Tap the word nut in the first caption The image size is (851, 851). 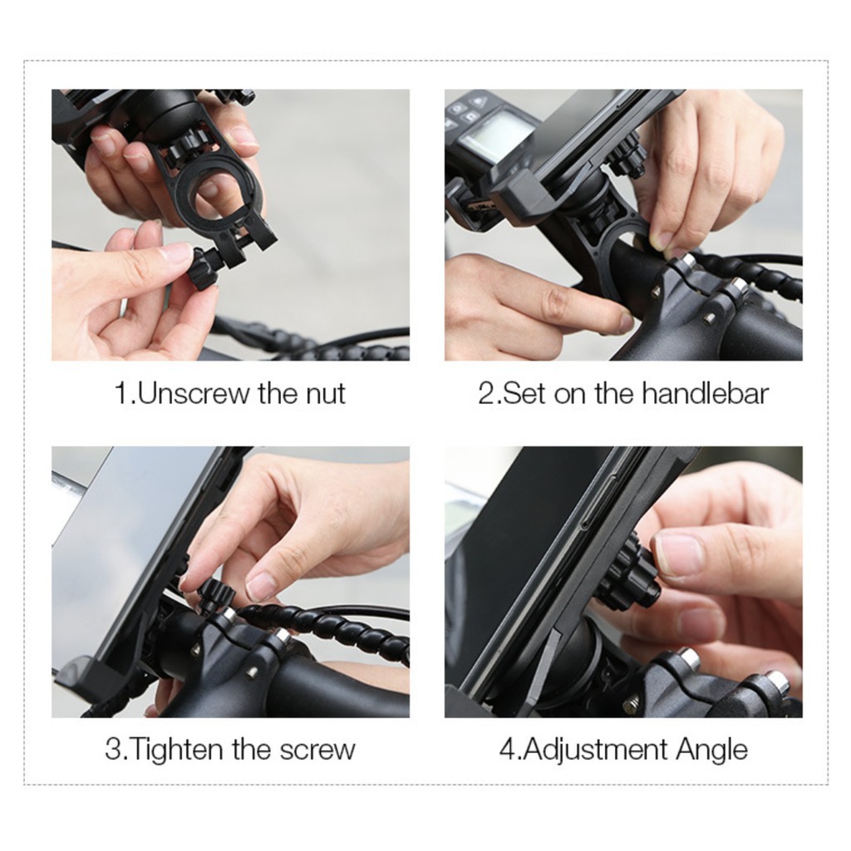[x=325, y=393]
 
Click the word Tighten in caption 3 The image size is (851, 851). [x=179, y=750]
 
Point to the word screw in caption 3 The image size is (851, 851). [x=317, y=750]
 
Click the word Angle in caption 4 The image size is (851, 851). [x=711, y=750]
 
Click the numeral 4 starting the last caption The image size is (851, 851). [x=507, y=750]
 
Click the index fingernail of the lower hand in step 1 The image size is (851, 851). [x=178, y=252]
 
